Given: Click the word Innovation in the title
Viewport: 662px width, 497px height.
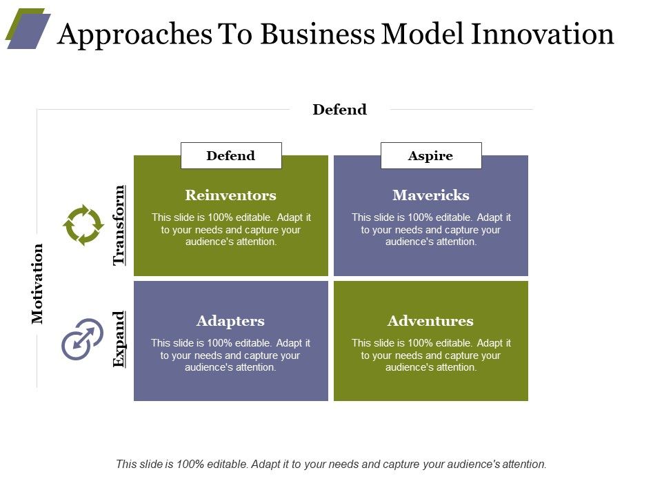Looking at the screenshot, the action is pos(542,34).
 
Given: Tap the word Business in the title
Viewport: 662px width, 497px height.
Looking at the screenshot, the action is pos(317,34).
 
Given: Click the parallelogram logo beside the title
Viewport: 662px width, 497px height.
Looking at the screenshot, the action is pos(28,28).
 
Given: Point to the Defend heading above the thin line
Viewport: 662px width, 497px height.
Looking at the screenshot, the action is pos(339,110).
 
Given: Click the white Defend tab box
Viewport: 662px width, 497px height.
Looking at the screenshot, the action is pos(231,155).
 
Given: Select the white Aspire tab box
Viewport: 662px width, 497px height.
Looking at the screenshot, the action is pos(431,155).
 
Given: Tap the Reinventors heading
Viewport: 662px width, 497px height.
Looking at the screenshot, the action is pos(230,195).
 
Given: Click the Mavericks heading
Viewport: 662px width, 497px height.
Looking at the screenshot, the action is pos(430,195).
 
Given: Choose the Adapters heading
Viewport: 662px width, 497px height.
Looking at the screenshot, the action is pos(230,321).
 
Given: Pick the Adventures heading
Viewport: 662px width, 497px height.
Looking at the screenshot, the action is pos(430,321).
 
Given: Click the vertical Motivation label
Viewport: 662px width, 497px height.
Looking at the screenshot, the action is pos(37,284).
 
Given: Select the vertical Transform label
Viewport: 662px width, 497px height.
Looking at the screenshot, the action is pos(119,225).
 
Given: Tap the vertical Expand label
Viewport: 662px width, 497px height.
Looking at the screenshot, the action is pos(119,339).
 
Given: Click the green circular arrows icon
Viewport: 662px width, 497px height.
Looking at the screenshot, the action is pos(83,225).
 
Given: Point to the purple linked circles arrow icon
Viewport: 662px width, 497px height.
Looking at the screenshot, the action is pos(82,339).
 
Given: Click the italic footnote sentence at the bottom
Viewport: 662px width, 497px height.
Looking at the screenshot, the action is pos(331,464).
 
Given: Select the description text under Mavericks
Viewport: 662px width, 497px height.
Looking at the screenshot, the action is pos(430,229).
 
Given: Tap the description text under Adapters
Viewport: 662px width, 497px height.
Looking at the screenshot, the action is pos(230,355).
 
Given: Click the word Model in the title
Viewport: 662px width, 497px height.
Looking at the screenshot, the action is pos(423,34).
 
